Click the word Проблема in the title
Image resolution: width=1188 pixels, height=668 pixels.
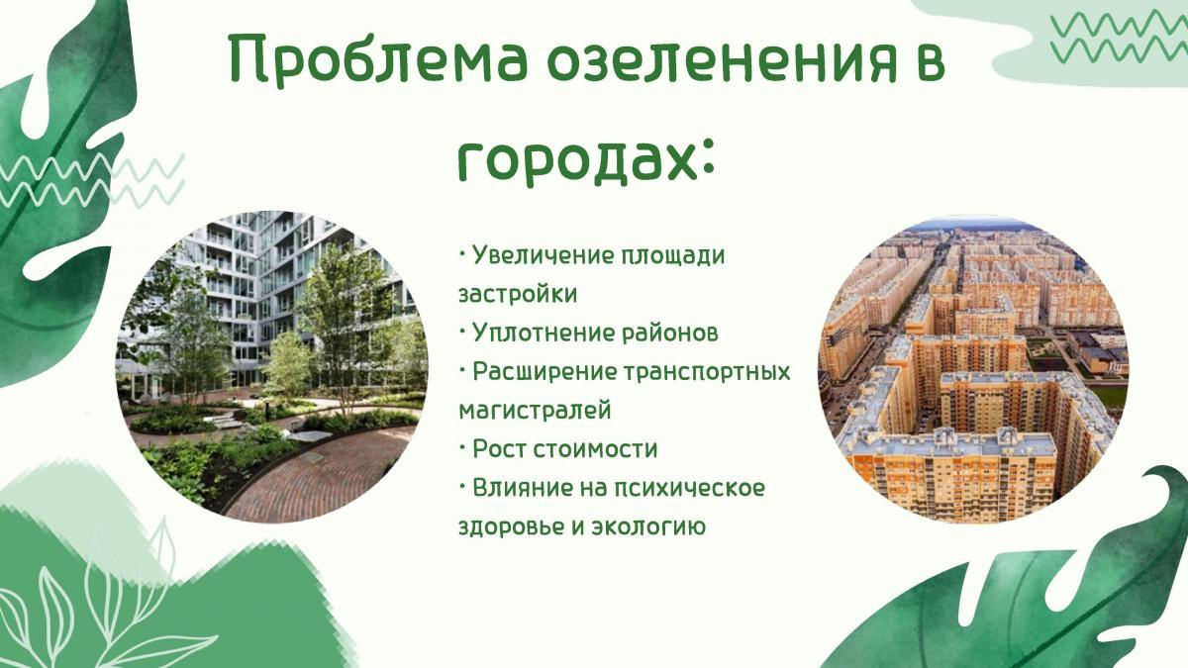[378, 58]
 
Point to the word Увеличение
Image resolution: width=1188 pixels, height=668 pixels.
[539, 255]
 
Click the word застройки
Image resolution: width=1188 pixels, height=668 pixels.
[518, 295]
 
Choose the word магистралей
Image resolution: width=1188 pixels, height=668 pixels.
[535, 411]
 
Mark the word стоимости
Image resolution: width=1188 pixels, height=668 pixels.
[595, 449]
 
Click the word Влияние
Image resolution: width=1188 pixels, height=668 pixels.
[523, 488]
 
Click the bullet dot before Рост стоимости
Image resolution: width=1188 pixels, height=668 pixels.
[462, 445]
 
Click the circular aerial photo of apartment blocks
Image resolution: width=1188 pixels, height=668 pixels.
[974, 369]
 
